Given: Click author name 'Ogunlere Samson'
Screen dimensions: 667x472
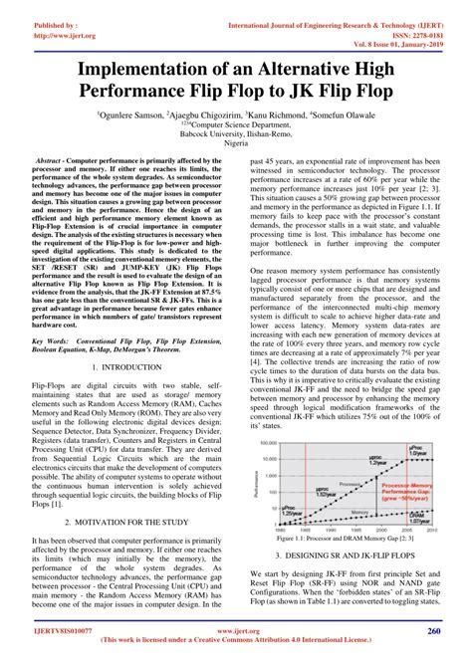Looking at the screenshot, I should pyautogui.click(x=160, y=115).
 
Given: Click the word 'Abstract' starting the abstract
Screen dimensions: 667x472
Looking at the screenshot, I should pyautogui.click(x=51, y=160).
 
